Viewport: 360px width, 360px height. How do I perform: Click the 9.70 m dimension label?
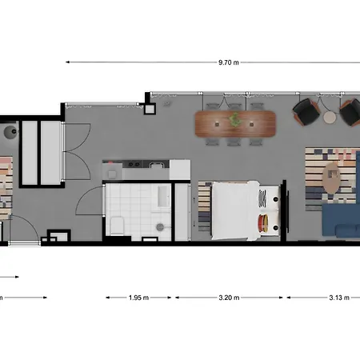click(x=229, y=62)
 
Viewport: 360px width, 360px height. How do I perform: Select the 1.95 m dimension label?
click(x=138, y=298)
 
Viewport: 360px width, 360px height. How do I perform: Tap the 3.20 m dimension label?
click(x=229, y=298)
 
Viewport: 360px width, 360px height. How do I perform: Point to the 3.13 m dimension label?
click(x=339, y=298)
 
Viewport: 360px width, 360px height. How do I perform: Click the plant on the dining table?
click(x=234, y=119)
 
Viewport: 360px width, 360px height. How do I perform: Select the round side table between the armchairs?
click(x=330, y=117)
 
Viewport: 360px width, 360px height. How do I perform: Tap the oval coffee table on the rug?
click(x=331, y=178)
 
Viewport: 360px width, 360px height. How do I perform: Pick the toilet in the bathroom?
click(x=117, y=226)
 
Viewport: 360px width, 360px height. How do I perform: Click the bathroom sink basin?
click(x=162, y=196)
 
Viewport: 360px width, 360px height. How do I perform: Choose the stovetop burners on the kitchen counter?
click(x=134, y=164)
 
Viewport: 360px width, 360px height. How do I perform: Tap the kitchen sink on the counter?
click(x=156, y=165)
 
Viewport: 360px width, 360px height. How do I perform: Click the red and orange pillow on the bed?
click(x=263, y=223)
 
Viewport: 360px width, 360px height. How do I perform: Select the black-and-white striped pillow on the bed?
click(x=262, y=198)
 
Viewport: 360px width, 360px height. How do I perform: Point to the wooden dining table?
click(x=235, y=124)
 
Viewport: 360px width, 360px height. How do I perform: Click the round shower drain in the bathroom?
click(x=160, y=227)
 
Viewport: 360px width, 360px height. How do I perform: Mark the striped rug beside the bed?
click(x=205, y=207)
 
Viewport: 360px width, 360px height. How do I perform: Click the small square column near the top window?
click(x=150, y=109)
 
